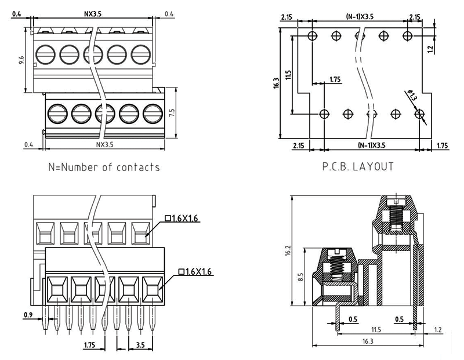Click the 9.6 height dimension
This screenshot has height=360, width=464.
(21, 60)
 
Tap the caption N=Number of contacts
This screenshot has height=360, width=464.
(105, 168)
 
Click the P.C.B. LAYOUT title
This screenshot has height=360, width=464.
(358, 167)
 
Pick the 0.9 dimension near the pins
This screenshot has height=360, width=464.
(28, 316)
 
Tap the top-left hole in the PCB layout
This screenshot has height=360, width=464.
(313, 36)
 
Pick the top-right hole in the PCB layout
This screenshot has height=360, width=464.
(408, 36)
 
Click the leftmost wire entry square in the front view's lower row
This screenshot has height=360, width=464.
(57, 288)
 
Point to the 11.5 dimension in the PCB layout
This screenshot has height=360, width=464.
(288, 75)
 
